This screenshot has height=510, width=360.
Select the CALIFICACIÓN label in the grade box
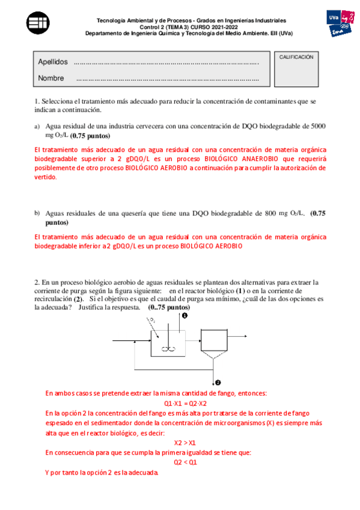[296, 57]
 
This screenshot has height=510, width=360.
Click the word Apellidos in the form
[53, 63]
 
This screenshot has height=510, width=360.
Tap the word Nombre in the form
[50, 78]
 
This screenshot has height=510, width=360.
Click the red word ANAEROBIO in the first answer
[276, 159]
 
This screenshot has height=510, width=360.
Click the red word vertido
[46, 177]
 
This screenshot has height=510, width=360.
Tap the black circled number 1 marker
[185, 315]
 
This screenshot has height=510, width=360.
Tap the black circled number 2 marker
[218, 382]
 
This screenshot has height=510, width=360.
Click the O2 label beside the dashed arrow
[154, 322]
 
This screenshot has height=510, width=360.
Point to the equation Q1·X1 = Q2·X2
[185, 403]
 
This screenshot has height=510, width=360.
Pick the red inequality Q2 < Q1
[186, 462]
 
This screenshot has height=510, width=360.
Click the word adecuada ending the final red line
[141, 473]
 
